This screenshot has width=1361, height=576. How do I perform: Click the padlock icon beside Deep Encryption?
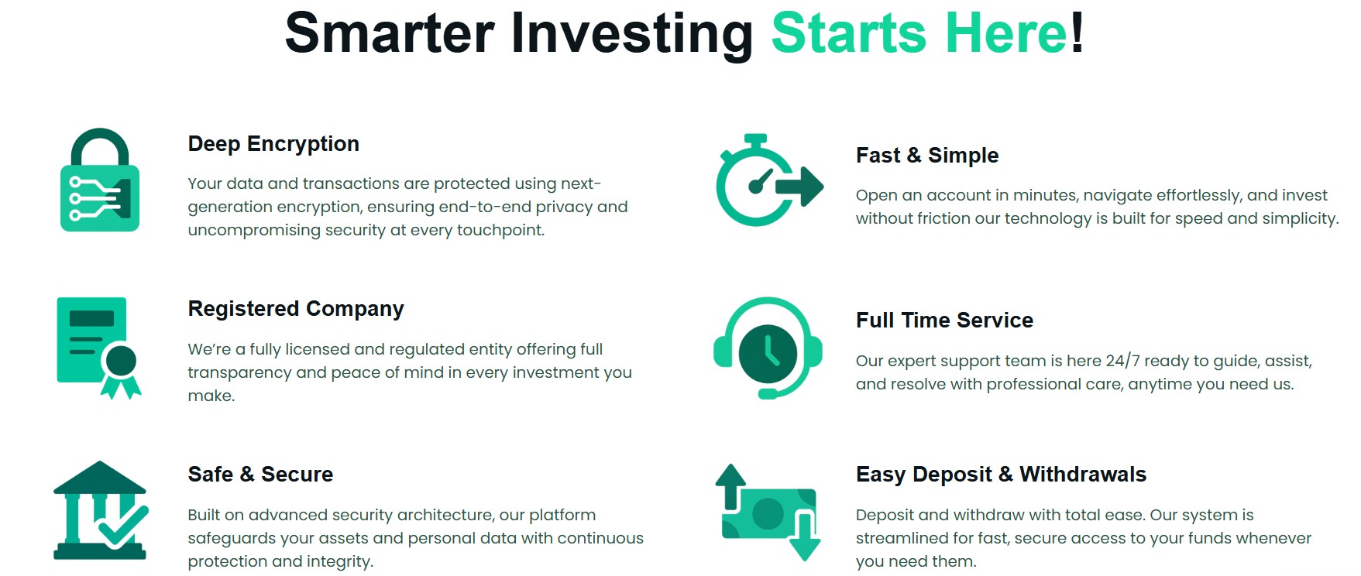[100, 181]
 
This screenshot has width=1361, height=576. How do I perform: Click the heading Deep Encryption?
[273, 144]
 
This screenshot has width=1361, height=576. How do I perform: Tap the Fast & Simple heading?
[926, 156]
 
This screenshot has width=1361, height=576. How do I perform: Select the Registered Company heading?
[295, 309]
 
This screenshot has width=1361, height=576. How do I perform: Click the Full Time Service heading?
[944, 321]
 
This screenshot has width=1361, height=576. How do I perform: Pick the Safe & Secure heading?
[260, 475]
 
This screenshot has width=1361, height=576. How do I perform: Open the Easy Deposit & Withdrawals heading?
[1001, 475]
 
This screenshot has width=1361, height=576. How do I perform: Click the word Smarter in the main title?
[390, 34]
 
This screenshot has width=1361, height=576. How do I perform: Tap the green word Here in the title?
[1006, 34]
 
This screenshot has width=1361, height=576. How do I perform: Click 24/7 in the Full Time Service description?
[1122, 361]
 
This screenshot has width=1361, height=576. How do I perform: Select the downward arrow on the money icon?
[806, 538]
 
